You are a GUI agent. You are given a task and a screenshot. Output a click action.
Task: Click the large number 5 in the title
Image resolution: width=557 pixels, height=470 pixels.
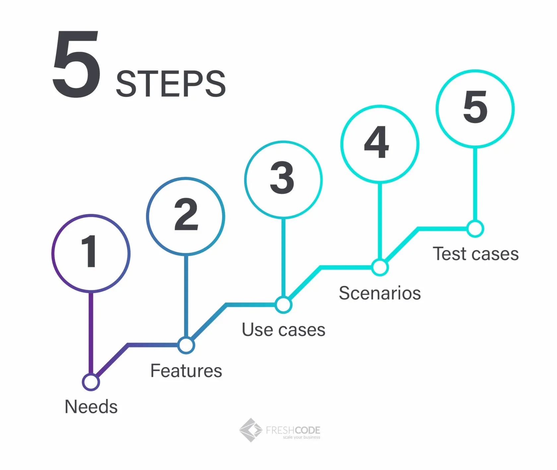pos(77,64)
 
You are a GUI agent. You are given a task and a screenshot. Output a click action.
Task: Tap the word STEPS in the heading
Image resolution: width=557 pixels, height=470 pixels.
pos(171,84)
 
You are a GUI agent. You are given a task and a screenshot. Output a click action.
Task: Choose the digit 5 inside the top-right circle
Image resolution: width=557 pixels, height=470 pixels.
pos(475,107)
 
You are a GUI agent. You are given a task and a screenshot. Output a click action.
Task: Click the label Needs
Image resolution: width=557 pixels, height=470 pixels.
pos(91,407)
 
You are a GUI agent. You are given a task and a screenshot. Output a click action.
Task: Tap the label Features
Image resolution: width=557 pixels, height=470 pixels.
pos(186,371)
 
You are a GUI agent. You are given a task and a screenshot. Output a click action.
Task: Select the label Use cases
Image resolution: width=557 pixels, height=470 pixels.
pos(283,330)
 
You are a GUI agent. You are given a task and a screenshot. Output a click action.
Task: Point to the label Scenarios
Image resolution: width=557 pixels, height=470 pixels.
pos(380,293)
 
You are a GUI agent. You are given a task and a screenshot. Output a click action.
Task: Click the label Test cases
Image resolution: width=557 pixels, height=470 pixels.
pos(476,254)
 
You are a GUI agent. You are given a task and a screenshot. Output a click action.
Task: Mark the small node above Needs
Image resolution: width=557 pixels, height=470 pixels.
pos(91,382)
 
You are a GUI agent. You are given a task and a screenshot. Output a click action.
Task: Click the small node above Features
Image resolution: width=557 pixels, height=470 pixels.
pos(186,345)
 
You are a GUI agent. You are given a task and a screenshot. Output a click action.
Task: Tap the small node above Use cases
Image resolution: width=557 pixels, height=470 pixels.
pos(283,305)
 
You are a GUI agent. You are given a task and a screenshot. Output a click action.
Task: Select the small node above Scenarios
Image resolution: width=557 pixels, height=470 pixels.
pos(380,267)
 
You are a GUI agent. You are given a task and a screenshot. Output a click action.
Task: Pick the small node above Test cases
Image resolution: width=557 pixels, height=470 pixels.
pos(475,229)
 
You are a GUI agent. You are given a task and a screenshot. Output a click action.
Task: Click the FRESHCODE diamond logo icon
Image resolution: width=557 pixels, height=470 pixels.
pos(251,430)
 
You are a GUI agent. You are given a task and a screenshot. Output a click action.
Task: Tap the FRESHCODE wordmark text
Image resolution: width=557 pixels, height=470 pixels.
pos(293,430)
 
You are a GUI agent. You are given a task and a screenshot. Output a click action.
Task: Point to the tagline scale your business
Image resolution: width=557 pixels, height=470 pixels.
pos(301,437)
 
